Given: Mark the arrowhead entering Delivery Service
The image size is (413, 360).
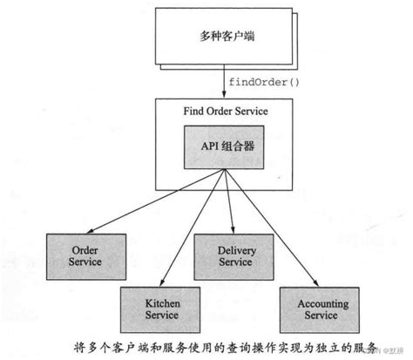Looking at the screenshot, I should (x=232, y=230).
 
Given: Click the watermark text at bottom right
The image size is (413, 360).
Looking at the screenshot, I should (x=389, y=350).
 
